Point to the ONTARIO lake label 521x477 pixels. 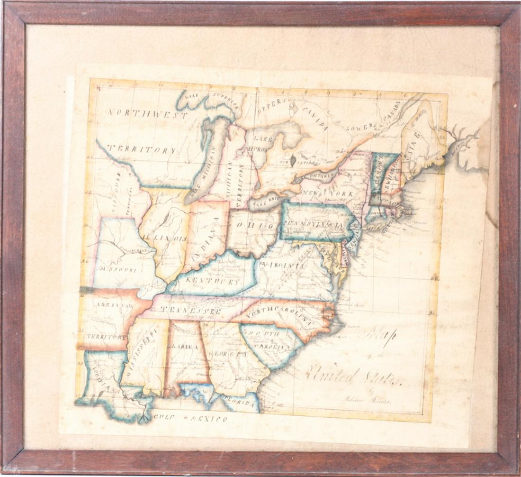(x=323, y=175)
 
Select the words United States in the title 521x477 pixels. (x=353, y=377)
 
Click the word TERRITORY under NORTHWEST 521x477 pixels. (x=141, y=149)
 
